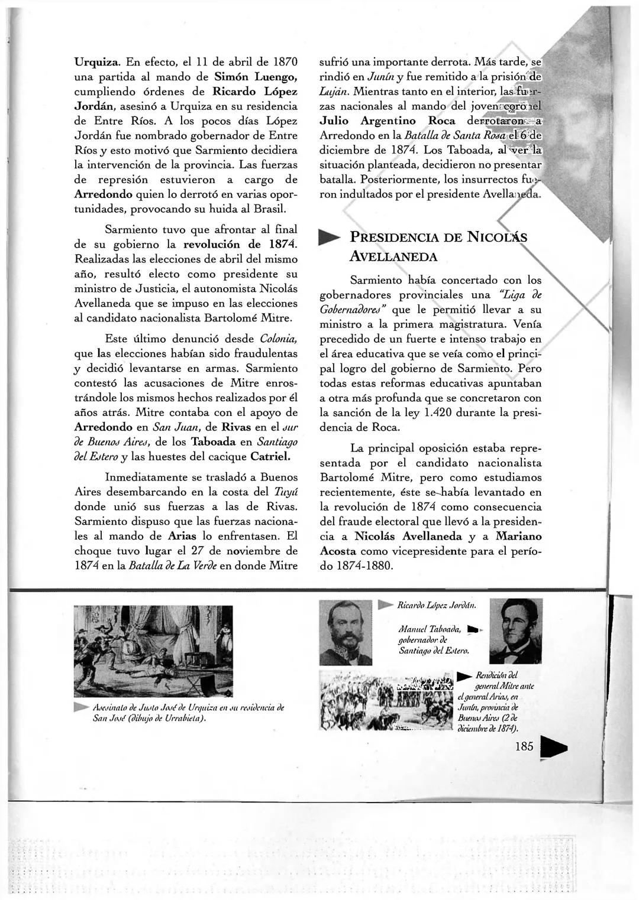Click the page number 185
click(524, 746)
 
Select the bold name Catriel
click(270, 457)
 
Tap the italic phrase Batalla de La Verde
click(164, 566)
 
